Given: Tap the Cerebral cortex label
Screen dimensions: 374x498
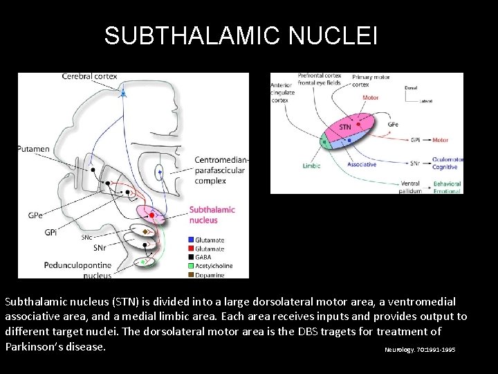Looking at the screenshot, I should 91,76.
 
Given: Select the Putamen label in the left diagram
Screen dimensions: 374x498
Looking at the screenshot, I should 34,149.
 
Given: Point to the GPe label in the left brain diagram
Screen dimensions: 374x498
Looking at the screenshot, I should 36,215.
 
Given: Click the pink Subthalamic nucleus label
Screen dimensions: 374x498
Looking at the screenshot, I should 212,215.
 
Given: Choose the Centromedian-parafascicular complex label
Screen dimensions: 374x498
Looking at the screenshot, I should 221,170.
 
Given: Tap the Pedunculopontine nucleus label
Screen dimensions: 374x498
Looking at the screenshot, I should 77,269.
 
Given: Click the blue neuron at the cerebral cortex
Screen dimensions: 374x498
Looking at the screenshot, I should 123,91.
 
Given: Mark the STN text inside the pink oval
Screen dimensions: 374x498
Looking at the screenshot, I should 345,127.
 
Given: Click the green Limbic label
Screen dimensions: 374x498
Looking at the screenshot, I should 312,166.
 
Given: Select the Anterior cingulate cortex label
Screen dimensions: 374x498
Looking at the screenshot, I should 283,92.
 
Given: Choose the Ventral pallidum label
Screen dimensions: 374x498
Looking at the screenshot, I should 410,187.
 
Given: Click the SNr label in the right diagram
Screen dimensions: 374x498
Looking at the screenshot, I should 415,163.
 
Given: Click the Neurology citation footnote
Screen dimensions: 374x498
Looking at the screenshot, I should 420,350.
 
